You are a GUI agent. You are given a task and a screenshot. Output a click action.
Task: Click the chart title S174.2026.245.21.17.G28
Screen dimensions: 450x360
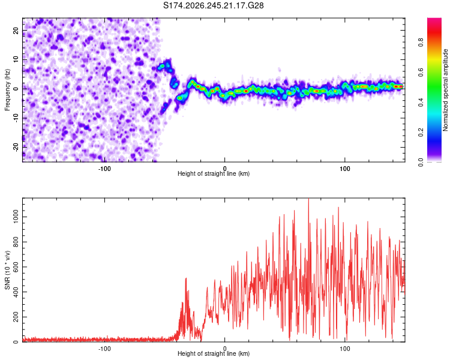pos(213,5)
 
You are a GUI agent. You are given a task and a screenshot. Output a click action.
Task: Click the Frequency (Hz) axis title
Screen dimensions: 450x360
pos(7,90)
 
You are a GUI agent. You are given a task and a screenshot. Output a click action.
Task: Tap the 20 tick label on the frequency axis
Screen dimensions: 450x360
pos(16,30)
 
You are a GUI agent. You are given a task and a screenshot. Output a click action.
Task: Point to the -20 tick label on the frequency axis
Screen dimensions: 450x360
pos(16,148)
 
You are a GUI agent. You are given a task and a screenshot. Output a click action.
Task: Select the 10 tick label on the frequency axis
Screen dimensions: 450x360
pos(16,59)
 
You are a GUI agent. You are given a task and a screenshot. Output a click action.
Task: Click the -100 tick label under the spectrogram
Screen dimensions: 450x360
pos(104,169)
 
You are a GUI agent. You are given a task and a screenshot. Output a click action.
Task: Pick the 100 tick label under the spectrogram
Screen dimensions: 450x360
pos(344,169)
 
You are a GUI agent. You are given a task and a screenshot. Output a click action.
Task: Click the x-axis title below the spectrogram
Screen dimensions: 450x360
pos(214,173)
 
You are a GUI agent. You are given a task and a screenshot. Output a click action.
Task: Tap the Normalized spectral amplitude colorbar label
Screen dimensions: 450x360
pos(445,90)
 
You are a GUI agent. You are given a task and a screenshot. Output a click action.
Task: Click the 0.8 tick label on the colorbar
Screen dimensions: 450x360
pos(421,43)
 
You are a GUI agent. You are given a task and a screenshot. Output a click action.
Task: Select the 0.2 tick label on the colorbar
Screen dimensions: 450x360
pos(421,133)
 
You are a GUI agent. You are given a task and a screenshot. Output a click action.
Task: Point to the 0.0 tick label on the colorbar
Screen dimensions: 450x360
pos(421,162)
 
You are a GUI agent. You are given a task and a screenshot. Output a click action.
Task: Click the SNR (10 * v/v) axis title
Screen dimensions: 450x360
pos(7,270)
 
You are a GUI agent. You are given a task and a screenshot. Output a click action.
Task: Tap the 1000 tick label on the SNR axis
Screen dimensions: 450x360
pos(16,217)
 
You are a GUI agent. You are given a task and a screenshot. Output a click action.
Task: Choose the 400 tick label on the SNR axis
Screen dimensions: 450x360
pos(16,292)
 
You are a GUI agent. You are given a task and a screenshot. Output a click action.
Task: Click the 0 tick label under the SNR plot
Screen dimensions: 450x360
pos(225,349)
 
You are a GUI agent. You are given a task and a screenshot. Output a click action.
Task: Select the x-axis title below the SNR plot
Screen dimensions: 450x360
pos(214,353)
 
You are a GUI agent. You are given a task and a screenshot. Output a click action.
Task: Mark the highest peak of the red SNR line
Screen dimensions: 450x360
pos(308,199)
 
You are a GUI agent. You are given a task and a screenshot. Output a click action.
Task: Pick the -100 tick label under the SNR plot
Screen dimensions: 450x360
pos(104,349)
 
